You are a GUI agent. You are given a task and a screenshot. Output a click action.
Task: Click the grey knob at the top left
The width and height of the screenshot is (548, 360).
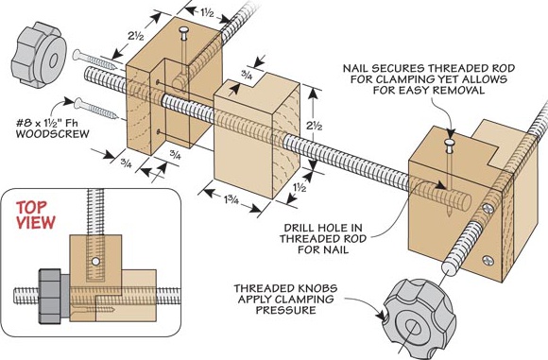tap(39, 55)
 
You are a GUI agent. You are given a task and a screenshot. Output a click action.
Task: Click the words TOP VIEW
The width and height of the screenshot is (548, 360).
tap(35, 215)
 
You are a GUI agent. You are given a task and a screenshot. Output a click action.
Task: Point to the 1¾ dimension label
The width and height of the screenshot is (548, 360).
tap(231, 200)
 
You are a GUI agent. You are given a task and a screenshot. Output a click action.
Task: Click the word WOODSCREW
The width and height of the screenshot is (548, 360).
tap(52, 133)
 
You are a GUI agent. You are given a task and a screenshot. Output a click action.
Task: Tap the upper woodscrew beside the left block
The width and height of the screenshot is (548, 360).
tap(94, 60)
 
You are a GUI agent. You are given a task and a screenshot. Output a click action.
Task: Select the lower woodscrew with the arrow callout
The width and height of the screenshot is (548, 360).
tap(95, 108)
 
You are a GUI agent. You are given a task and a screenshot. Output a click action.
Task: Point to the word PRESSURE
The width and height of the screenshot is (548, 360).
tap(286, 310)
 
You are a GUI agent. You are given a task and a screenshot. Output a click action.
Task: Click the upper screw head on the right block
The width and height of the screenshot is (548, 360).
tap(488, 209)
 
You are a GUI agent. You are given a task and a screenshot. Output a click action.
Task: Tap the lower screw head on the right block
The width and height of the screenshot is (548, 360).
tap(488, 261)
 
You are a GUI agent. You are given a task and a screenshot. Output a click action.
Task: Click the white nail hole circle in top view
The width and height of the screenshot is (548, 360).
tap(95, 261)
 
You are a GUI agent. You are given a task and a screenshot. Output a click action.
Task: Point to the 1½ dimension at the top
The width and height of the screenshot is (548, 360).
tap(207, 13)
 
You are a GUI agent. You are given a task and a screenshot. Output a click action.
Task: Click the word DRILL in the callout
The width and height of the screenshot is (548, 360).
tap(300, 228)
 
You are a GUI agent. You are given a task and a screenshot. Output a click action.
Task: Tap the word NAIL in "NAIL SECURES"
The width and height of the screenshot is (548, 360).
tap(355, 68)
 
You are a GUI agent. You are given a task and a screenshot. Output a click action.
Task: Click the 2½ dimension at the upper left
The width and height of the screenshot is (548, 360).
tap(136, 36)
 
